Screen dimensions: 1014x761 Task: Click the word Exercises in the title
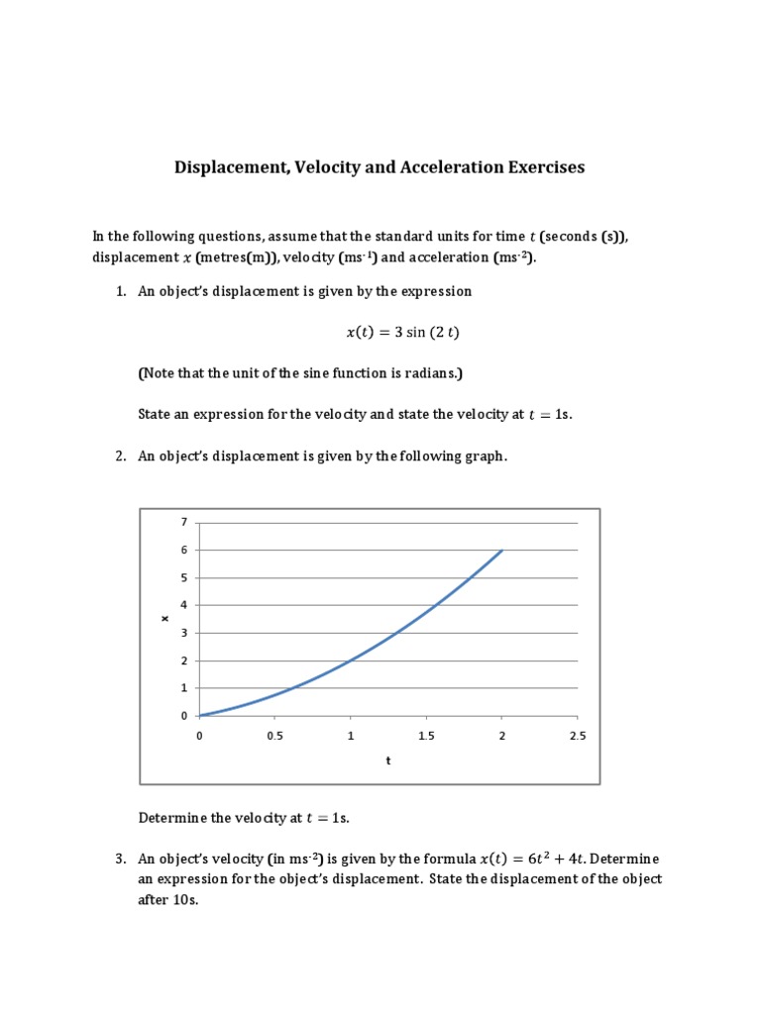point(536,167)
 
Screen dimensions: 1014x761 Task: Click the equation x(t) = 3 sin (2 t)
point(402,333)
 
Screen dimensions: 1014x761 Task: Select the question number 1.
point(121,292)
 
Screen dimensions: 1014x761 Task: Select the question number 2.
point(121,456)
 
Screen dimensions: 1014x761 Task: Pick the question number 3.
point(121,858)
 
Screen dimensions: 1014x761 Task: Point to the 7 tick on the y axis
point(183,522)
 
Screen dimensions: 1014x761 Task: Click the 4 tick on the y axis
point(183,605)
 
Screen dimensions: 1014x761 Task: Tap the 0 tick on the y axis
point(183,715)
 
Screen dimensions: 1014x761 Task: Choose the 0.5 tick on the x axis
point(274,737)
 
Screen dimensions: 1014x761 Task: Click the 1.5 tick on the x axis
point(426,737)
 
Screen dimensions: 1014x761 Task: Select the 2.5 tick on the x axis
point(578,737)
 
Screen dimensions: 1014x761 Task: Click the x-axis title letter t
point(387,761)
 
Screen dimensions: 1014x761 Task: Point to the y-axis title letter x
point(165,619)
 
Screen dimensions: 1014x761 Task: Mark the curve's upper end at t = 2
point(502,550)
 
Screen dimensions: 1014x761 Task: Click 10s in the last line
point(188,901)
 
